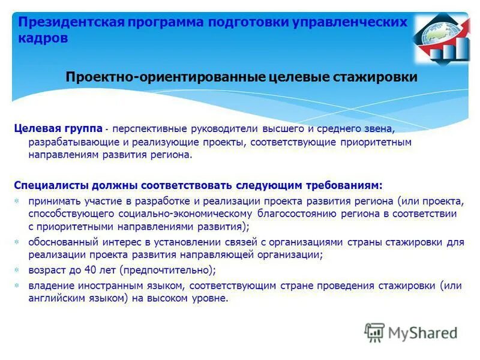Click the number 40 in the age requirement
click(x=90, y=269)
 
